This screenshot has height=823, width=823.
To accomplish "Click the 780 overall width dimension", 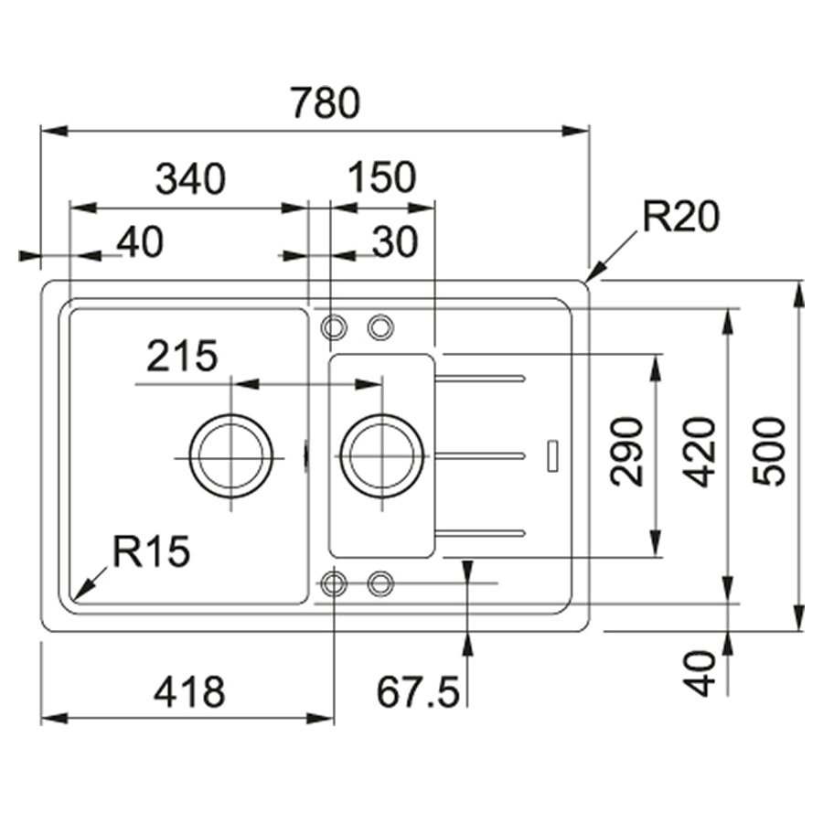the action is [326, 102].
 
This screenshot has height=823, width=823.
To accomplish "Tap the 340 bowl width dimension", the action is [190, 178].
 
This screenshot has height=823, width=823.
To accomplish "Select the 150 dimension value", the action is [382, 176].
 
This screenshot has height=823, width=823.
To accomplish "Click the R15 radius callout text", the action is [151, 551].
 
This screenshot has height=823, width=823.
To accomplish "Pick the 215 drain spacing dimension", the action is [182, 356].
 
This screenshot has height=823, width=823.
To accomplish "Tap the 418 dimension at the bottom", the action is [189, 691].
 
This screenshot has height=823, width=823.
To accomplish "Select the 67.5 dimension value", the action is [418, 692].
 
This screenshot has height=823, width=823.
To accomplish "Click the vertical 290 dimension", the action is [626, 452].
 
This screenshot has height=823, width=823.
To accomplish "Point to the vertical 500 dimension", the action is [768, 452].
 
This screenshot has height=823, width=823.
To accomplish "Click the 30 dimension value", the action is [395, 242].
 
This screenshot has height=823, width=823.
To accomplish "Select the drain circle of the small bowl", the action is [381, 455].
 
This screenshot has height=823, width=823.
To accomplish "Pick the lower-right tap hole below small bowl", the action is [380, 583].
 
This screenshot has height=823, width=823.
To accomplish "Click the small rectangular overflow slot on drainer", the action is [552, 455].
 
